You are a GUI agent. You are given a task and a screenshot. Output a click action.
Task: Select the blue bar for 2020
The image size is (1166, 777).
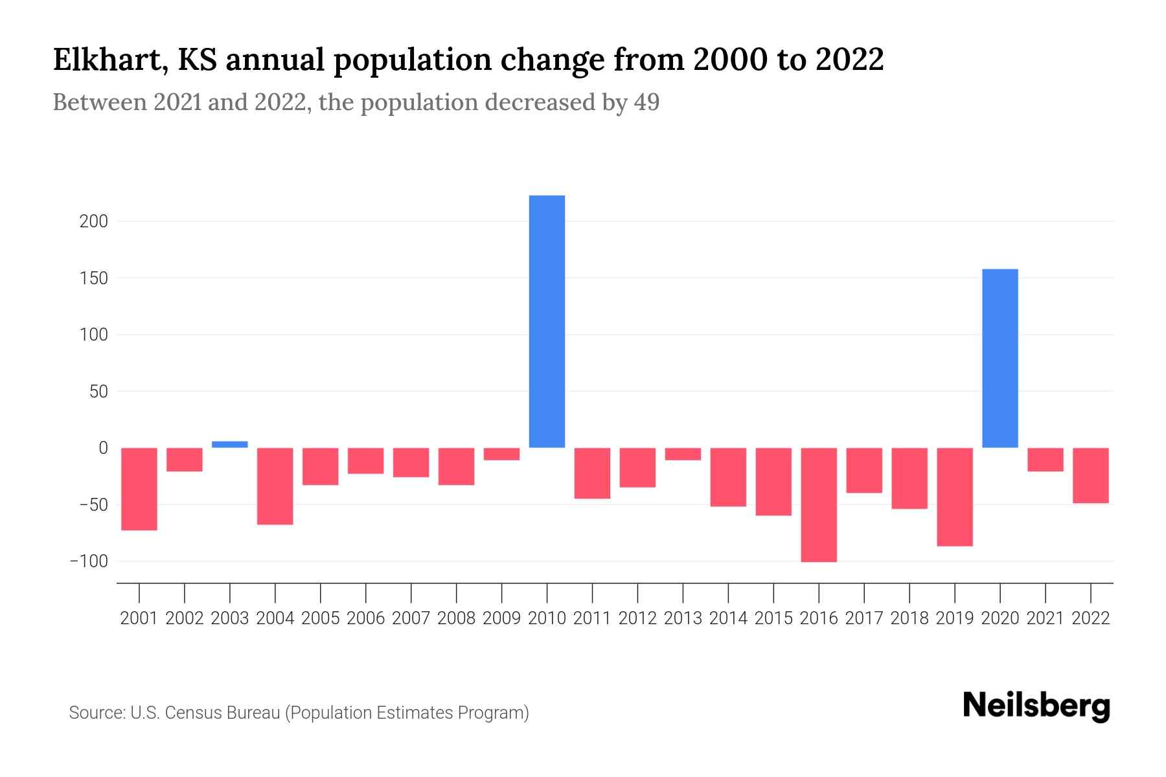[x=1000, y=358]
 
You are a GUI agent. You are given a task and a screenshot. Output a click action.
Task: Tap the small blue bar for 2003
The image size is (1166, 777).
[x=230, y=444]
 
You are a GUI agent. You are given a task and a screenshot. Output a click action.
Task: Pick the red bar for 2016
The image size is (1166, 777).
[x=819, y=504]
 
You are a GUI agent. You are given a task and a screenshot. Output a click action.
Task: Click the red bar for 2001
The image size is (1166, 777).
[x=139, y=489]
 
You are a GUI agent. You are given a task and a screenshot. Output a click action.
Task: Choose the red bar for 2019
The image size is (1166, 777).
[x=954, y=497]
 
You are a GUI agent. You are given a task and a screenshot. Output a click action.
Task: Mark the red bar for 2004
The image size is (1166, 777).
[x=275, y=486]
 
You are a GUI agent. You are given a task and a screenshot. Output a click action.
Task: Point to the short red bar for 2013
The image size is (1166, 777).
[x=683, y=454]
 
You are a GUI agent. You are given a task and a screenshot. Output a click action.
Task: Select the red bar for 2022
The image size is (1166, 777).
[x=1090, y=475]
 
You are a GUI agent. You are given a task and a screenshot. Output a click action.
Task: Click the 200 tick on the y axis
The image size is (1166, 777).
[x=93, y=221]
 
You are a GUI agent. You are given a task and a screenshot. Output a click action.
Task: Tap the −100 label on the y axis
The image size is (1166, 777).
[x=89, y=561]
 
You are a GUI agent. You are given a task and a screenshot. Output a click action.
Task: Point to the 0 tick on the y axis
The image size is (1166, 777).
[x=103, y=448]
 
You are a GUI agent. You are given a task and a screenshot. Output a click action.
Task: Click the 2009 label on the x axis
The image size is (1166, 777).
[x=501, y=618]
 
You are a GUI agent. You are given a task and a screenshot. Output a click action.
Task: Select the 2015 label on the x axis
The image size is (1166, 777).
[x=773, y=618]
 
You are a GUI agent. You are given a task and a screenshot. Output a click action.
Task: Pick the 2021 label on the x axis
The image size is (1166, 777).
[x=1045, y=618]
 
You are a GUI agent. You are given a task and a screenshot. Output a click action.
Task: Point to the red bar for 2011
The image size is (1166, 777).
[x=592, y=473]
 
